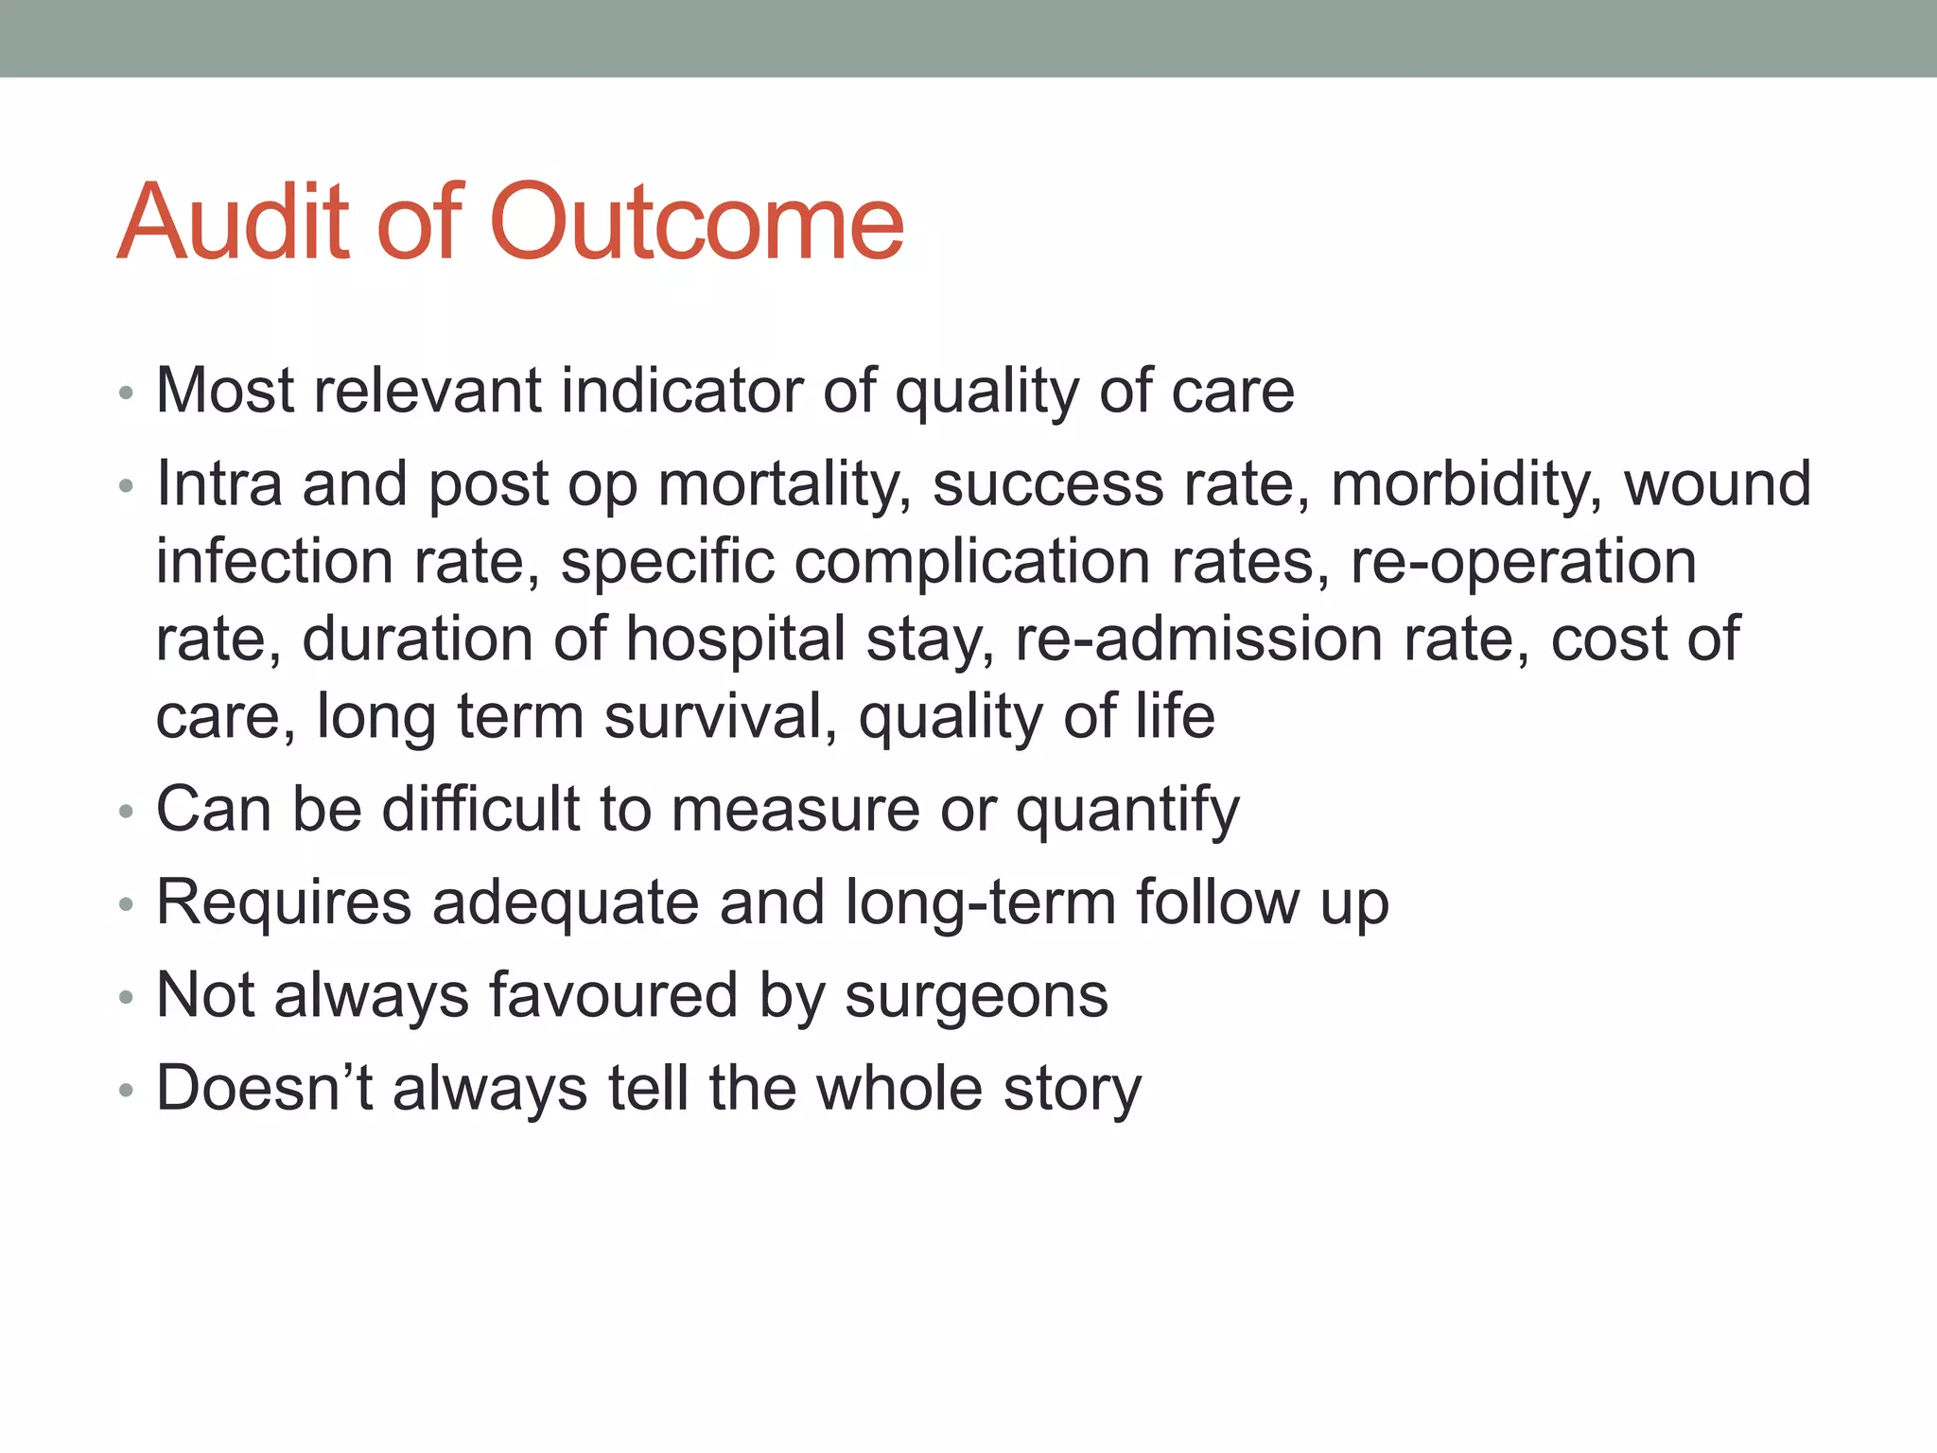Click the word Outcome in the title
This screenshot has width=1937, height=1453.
pos(698,222)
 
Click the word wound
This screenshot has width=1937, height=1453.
pos(1717,484)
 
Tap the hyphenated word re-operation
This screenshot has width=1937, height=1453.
pos(1523,562)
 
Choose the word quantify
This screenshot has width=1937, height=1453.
pos(1126,810)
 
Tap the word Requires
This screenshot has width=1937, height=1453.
pos(284,902)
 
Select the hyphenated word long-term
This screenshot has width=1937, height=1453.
pos(980,902)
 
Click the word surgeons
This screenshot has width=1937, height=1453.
pos(976,996)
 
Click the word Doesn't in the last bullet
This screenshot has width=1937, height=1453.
pos(265,1088)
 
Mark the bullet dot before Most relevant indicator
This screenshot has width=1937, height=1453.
pos(127,394)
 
